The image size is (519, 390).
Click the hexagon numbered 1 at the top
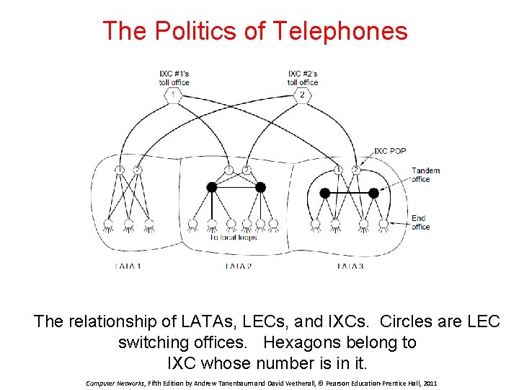click(173, 95)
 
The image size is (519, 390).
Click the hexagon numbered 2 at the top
click(302, 95)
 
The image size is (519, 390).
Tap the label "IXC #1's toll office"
click(174, 78)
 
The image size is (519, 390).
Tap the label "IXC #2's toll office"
click(303, 78)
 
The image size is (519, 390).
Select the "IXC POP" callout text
click(390, 151)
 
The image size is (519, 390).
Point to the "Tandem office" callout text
click(425, 175)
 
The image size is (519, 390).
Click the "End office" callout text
click(420, 222)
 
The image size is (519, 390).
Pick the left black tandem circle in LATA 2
click(211, 188)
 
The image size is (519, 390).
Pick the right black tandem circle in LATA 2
click(260, 188)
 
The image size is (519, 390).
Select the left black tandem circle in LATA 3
click(324, 193)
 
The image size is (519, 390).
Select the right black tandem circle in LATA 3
click(373, 193)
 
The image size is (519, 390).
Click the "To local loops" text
click(234, 237)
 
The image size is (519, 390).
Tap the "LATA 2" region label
click(239, 266)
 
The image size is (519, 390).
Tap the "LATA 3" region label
click(350, 266)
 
